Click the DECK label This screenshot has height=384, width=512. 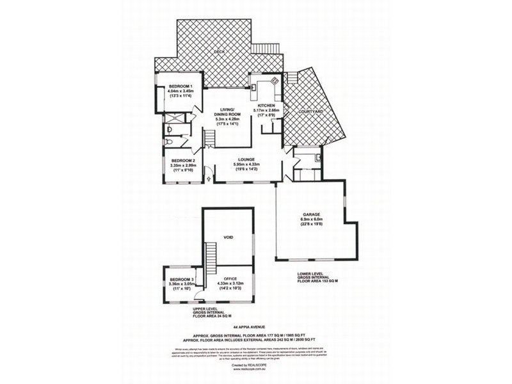pos(219,51)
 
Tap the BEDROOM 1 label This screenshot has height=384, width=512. pos(180,86)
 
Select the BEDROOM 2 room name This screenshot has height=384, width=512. pos(182,161)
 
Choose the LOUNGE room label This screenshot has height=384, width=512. pos(246,159)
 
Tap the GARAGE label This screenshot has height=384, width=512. pos(310,215)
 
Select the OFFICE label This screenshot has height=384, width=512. pos(230,279)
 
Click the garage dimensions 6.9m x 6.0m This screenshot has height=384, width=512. pos(310,220)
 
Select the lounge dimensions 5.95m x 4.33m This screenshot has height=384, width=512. pos(246,164)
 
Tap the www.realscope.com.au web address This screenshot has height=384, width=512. pos(255,369)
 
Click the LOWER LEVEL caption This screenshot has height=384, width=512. pos(312,273)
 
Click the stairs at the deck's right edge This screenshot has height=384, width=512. pos(266,49)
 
